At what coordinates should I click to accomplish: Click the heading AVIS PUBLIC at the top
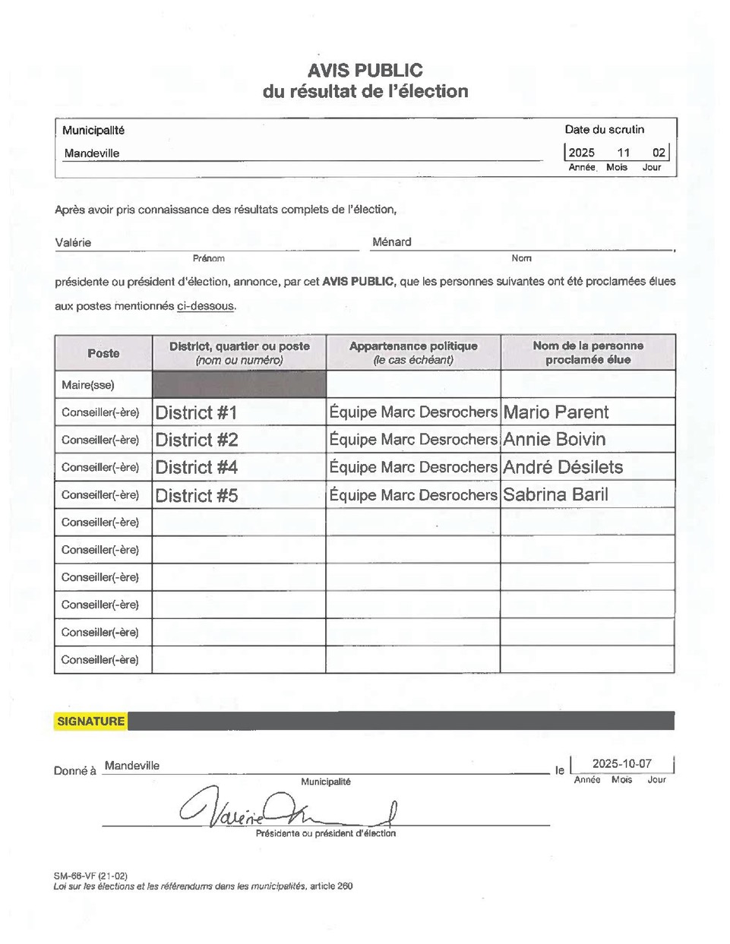(365, 71)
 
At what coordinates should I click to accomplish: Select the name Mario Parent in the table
(555, 412)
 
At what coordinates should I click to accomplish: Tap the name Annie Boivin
(554, 440)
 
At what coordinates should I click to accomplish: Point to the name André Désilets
(562, 467)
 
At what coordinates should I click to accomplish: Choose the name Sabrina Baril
(555, 495)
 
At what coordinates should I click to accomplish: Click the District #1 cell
(196, 413)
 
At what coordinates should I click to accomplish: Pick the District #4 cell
(196, 468)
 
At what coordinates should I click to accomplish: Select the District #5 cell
(196, 496)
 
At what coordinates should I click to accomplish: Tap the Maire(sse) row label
(88, 385)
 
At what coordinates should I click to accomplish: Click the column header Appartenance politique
(413, 346)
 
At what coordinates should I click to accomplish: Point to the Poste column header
(103, 353)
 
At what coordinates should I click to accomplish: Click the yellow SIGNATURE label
(90, 721)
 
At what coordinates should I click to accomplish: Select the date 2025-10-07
(621, 764)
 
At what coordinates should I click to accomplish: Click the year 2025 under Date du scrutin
(582, 153)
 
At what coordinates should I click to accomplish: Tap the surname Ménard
(391, 242)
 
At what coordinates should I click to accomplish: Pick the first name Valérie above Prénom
(73, 243)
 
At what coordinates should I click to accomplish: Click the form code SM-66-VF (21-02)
(90, 876)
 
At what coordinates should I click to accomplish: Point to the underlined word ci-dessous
(205, 306)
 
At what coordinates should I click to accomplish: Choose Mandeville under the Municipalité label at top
(92, 153)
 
